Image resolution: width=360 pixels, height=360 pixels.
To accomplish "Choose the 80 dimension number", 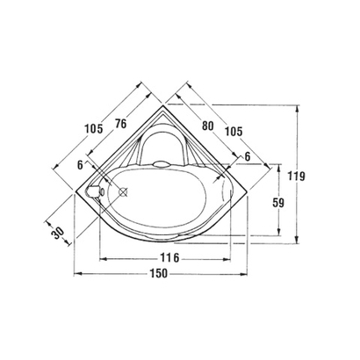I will click(207, 125).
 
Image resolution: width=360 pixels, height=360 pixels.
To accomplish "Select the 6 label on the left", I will click(81, 163).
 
